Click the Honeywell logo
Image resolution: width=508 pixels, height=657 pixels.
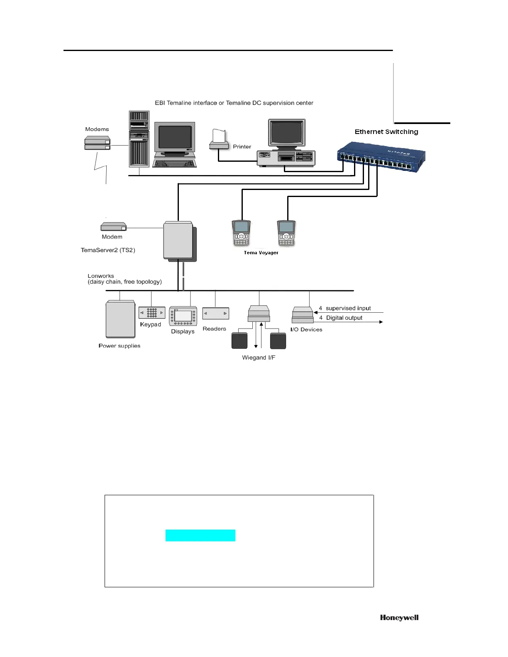(399, 618)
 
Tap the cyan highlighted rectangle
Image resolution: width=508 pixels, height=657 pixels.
(200, 535)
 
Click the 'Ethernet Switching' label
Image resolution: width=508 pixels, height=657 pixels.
(386, 132)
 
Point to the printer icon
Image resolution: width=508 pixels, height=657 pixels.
(219, 140)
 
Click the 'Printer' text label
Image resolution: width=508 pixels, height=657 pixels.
(242, 147)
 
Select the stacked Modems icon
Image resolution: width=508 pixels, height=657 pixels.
(98, 144)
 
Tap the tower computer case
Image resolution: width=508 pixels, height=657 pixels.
(139, 139)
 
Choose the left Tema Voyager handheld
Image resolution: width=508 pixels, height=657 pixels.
(241, 233)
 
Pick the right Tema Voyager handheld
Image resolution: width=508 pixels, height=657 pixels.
(286, 233)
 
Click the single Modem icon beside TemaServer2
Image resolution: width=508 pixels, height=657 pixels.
(113, 226)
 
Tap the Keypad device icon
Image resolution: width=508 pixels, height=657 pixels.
(151, 312)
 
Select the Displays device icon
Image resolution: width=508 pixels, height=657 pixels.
(183, 316)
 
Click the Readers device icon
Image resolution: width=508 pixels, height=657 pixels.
(215, 314)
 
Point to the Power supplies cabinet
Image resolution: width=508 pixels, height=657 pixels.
(120, 319)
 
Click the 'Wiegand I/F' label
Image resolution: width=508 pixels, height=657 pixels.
(259, 358)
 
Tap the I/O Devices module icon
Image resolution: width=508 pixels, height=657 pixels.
(303, 315)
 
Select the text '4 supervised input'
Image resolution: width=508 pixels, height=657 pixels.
(345, 308)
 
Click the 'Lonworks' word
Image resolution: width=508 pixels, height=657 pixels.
(101, 276)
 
